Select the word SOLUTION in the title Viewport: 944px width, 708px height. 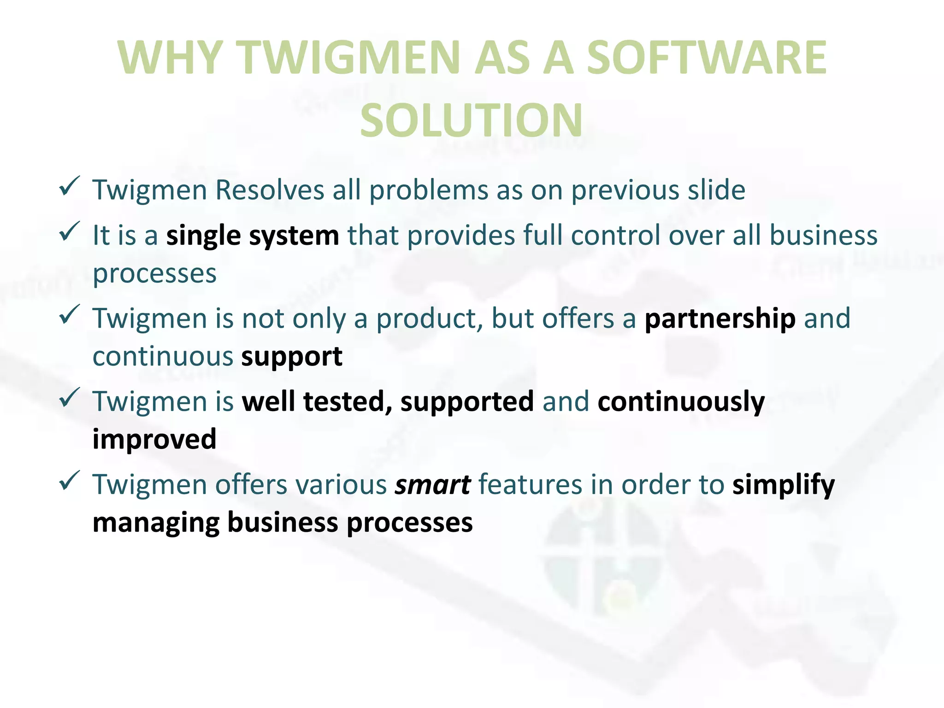(472, 121)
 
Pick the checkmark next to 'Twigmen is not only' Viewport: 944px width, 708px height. (70, 314)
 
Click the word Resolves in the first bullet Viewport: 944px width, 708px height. (270, 190)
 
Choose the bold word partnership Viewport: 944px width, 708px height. (720, 319)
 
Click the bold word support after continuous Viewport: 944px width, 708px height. (291, 356)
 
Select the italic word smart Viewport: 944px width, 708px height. (432, 485)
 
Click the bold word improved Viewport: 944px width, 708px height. (154, 440)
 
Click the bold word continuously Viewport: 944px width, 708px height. (681, 402)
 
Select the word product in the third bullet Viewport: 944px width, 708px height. (429, 319)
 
